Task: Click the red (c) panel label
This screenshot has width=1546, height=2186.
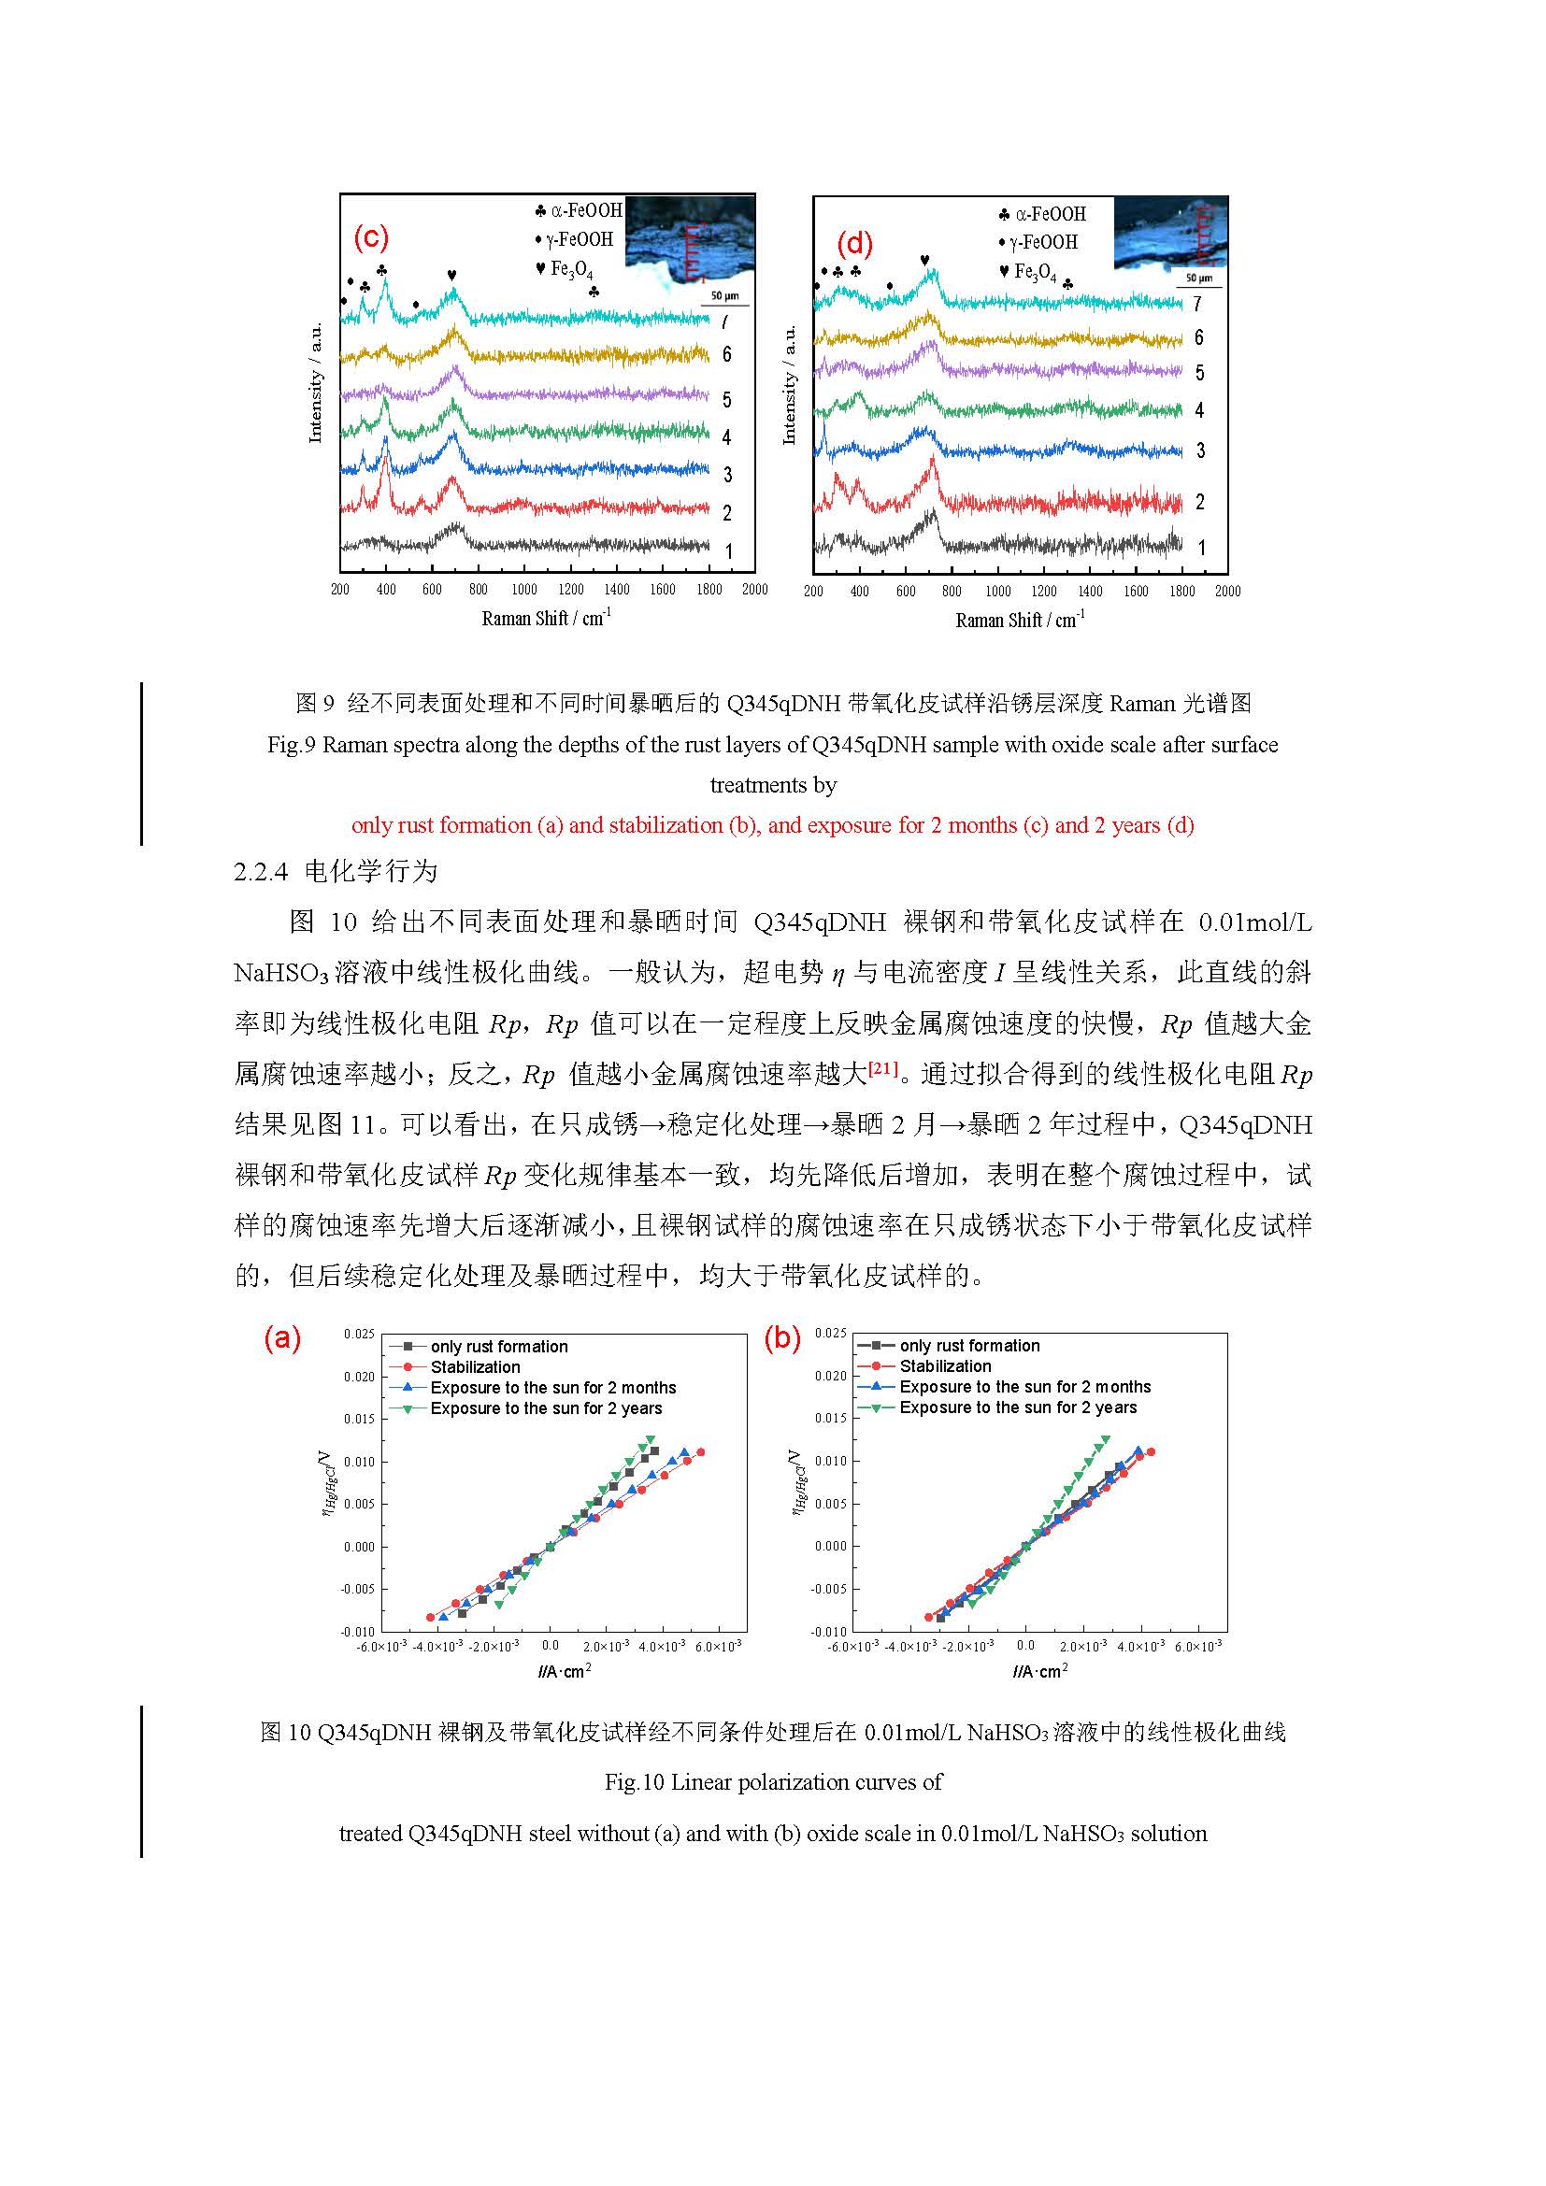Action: point(370,237)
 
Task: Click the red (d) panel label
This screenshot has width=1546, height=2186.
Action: point(854,244)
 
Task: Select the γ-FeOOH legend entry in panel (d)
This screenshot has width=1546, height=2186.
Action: point(1043,243)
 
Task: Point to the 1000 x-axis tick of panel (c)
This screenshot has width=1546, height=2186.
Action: point(523,590)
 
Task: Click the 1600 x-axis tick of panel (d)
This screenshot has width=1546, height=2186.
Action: point(1136,592)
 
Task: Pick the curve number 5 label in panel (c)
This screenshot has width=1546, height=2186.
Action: point(726,400)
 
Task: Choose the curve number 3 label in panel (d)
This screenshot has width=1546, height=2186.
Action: point(1200,450)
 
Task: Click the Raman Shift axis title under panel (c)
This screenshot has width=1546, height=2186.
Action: point(546,619)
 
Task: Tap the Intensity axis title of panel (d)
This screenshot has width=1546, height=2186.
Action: point(788,385)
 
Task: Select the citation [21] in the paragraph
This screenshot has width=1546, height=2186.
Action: point(882,1070)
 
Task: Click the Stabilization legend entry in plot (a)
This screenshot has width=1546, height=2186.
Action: point(475,1367)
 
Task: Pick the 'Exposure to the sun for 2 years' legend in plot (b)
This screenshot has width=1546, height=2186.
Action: point(1018,1407)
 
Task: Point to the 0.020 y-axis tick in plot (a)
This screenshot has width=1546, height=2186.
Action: point(359,1377)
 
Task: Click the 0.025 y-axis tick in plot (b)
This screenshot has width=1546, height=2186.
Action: point(830,1333)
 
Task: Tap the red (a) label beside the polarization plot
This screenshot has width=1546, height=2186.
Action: point(281,1337)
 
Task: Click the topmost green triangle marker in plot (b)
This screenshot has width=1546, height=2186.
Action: point(1105,1439)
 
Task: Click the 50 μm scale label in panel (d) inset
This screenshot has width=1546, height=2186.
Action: point(1198,278)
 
